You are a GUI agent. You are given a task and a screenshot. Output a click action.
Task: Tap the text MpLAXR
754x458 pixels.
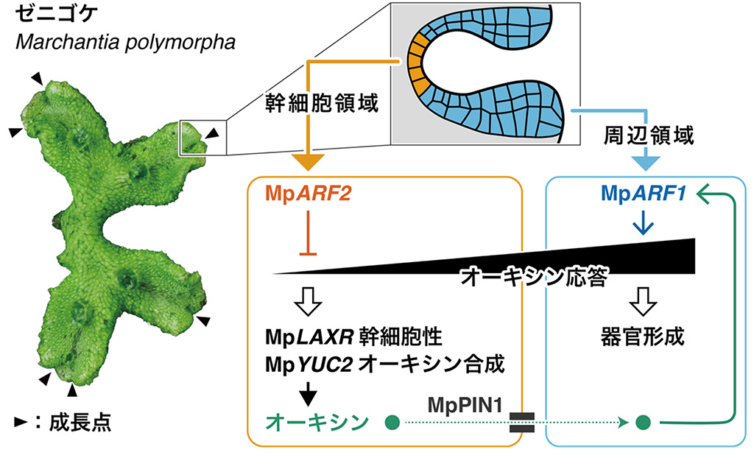(x=309, y=339)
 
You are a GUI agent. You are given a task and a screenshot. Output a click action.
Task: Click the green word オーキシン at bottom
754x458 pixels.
(x=317, y=422)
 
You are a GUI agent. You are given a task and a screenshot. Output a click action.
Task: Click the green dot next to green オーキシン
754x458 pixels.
(x=392, y=423)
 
